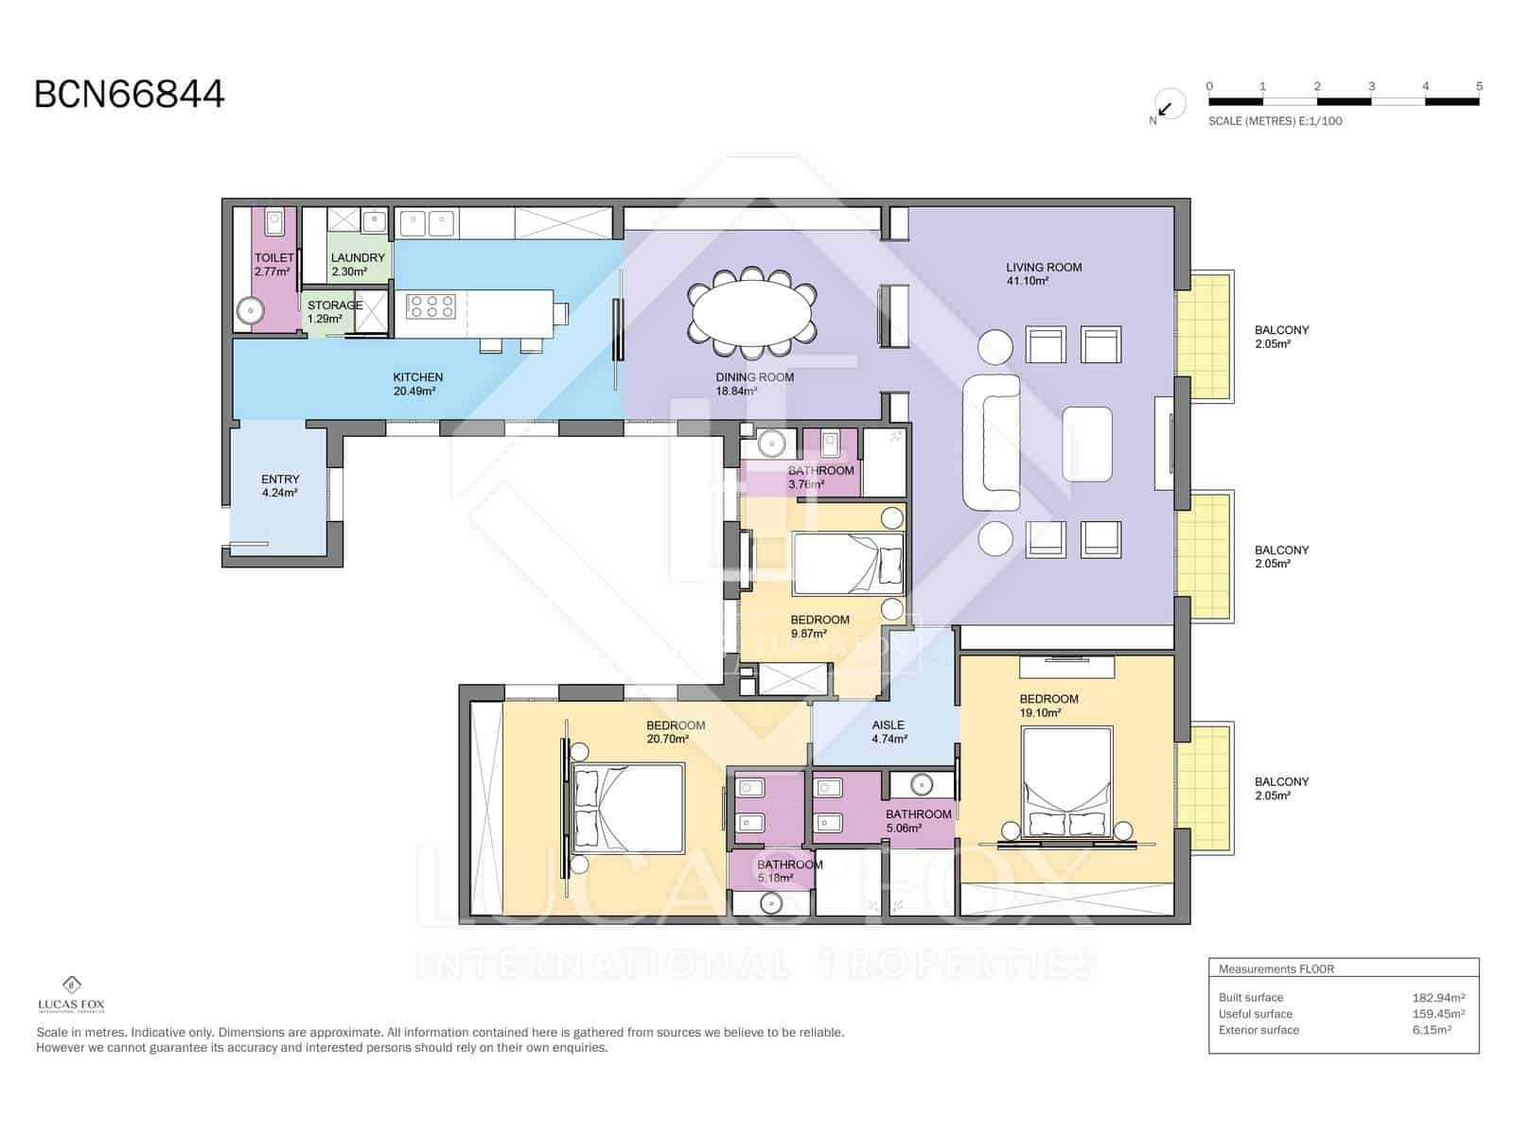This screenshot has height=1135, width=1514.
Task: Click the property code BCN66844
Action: point(130,95)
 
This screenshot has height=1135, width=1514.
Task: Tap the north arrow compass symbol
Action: point(1167,107)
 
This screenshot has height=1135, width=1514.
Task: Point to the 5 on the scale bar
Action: point(1479,86)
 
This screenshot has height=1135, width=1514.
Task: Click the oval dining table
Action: point(752,307)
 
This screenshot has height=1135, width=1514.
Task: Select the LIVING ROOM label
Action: point(1044,268)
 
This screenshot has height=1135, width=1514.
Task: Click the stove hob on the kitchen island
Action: point(431,306)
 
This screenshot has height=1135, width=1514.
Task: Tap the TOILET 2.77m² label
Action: point(273,264)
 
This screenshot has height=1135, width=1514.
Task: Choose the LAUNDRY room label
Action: point(358,264)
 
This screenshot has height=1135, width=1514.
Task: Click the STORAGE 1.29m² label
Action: point(333,311)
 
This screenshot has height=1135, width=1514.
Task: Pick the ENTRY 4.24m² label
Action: point(280,485)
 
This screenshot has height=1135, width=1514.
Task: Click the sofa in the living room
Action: point(991,443)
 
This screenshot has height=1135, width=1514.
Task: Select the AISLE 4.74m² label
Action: point(889,731)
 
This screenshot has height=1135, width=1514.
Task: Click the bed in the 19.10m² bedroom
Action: point(1067,780)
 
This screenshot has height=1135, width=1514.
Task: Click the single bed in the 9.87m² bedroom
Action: point(848,564)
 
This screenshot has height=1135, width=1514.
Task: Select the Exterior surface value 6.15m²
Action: point(1432,1030)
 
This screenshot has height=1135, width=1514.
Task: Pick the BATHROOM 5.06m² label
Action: point(918,820)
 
